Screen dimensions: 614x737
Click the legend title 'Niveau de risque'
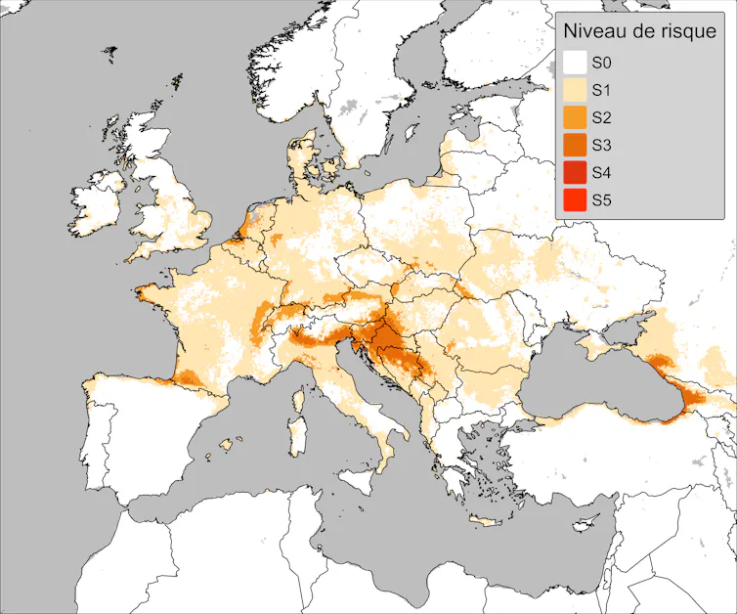click(639, 32)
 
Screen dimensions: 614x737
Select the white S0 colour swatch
click(574, 64)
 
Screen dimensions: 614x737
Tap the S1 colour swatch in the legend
click(574, 91)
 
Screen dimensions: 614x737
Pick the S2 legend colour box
click(574, 118)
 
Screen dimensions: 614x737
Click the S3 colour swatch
click(574, 146)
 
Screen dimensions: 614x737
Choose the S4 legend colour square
click(574, 173)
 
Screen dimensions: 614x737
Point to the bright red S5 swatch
click(574, 200)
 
